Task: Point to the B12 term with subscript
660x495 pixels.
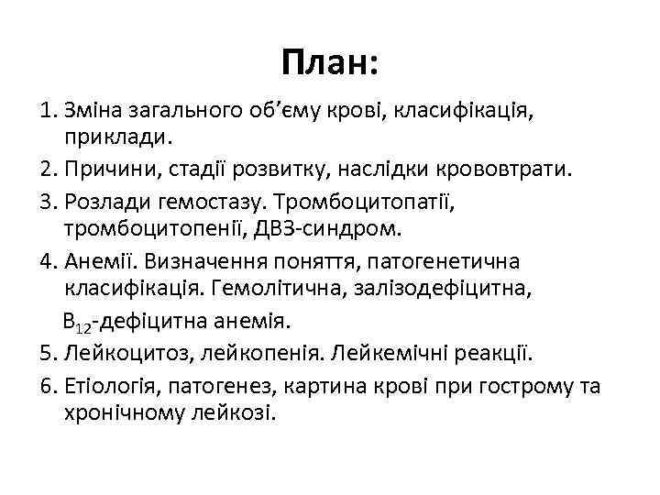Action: [x=80, y=322]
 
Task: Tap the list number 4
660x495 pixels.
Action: [x=49, y=259]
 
